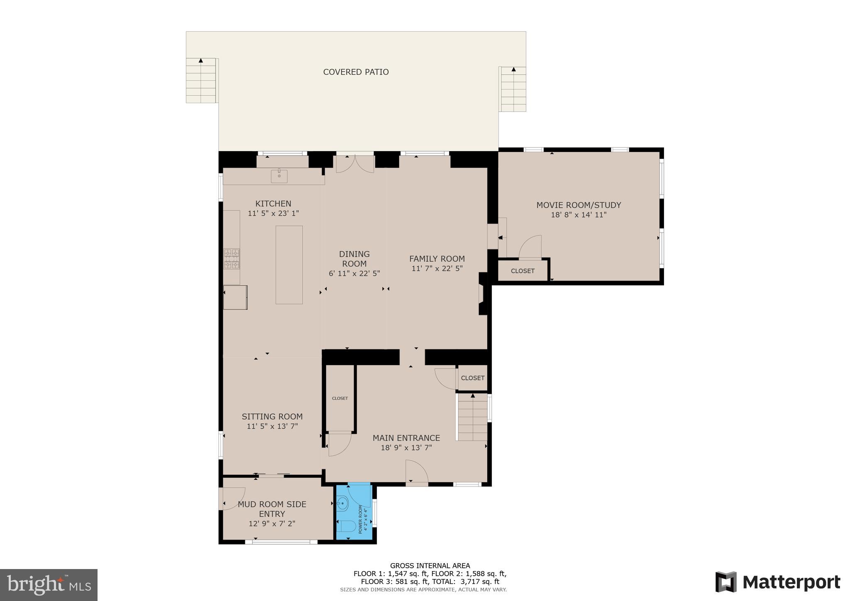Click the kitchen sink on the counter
(279, 176)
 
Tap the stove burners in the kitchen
(232, 259)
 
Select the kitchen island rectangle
(289, 265)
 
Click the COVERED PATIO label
(356, 72)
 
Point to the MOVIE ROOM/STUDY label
(579, 205)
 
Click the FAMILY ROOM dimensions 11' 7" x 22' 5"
(437, 269)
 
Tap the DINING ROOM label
(354, 259)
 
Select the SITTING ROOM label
(272, 417)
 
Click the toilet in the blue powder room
(346, 527)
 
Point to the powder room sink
(342, 504)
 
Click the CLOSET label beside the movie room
(523, 271)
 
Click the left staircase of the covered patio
(201, 81)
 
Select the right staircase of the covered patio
(513, 89)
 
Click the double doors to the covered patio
(354, 164)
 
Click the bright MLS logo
(49, 585)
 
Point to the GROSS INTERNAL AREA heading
(430, 565)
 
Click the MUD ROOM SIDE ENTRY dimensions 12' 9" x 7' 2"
(272, 524)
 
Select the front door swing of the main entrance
(417, 472)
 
